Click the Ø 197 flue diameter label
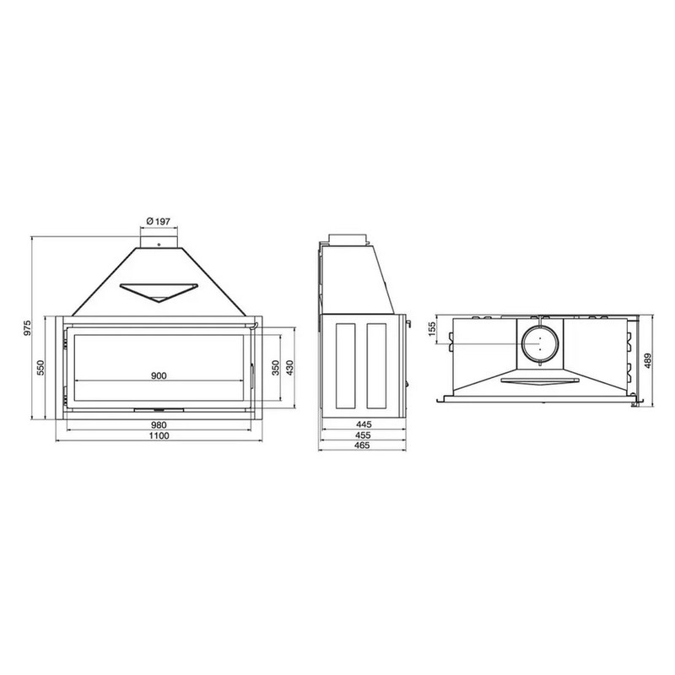pos(159,221)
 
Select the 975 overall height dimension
pos(28,328)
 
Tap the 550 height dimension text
pos(40,368)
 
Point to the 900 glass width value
pos(159,375)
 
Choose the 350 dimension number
pos(276,367)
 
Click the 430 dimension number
pos(289,367)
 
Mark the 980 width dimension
pos(159,425)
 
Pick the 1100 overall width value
pos(159,435)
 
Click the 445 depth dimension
pos(363,424)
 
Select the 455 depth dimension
pos(363,435)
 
